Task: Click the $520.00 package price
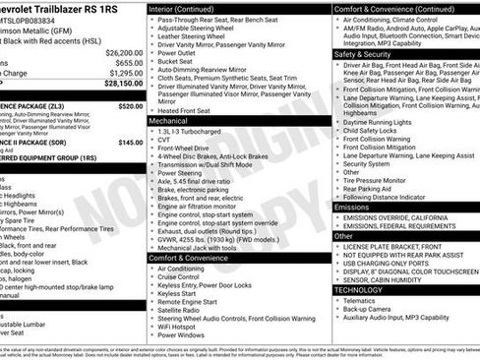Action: (130, 105)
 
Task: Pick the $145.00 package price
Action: (131, 142)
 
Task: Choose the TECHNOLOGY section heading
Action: (358, 290)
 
